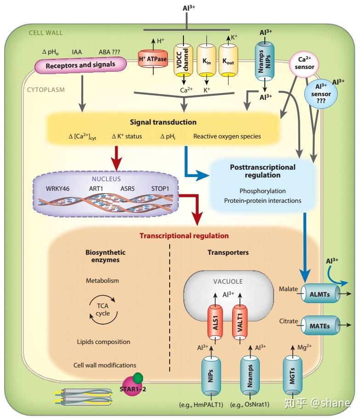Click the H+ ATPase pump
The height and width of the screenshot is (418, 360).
tap(153, 59)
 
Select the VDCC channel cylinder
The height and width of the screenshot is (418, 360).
tap(183, 59)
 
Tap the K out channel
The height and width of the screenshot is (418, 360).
tap(228, 60)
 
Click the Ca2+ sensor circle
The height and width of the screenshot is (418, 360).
tap(304, 63)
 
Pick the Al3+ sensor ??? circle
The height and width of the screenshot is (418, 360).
tap(321, 93)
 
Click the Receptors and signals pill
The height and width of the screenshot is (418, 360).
tap(80, 65)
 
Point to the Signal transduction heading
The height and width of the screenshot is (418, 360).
tap(163, 122)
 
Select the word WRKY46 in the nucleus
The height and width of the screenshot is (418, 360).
tap(57, 189)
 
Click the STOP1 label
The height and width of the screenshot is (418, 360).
tap(160, 189)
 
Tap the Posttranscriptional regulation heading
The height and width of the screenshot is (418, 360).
tap(263, 171)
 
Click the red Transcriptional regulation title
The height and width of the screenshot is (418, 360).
tap(184, 236)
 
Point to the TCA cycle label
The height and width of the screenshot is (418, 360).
tap(103, 309)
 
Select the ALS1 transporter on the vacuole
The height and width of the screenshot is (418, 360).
tap(216, 323)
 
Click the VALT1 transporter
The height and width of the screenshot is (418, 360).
tap(240, 323)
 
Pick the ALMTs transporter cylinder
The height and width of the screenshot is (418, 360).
tap(320, 294)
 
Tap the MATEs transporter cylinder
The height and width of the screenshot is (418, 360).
tap(320, 326)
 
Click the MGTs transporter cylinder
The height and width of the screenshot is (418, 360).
tap(292, 375)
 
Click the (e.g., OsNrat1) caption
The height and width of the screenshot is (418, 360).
tap(250, 405)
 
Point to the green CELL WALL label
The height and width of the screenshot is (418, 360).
tap(46, 33)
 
